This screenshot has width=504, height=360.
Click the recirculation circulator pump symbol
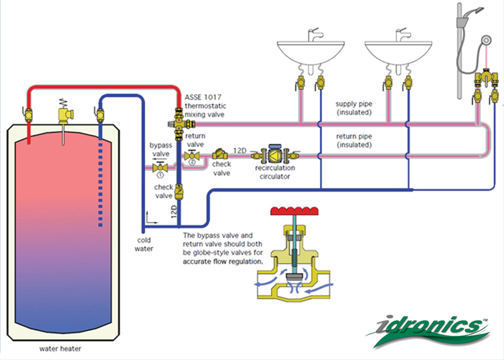point(275,154)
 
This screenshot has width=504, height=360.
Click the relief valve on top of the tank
point(64,113)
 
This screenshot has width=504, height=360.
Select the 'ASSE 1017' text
point(200,98)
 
